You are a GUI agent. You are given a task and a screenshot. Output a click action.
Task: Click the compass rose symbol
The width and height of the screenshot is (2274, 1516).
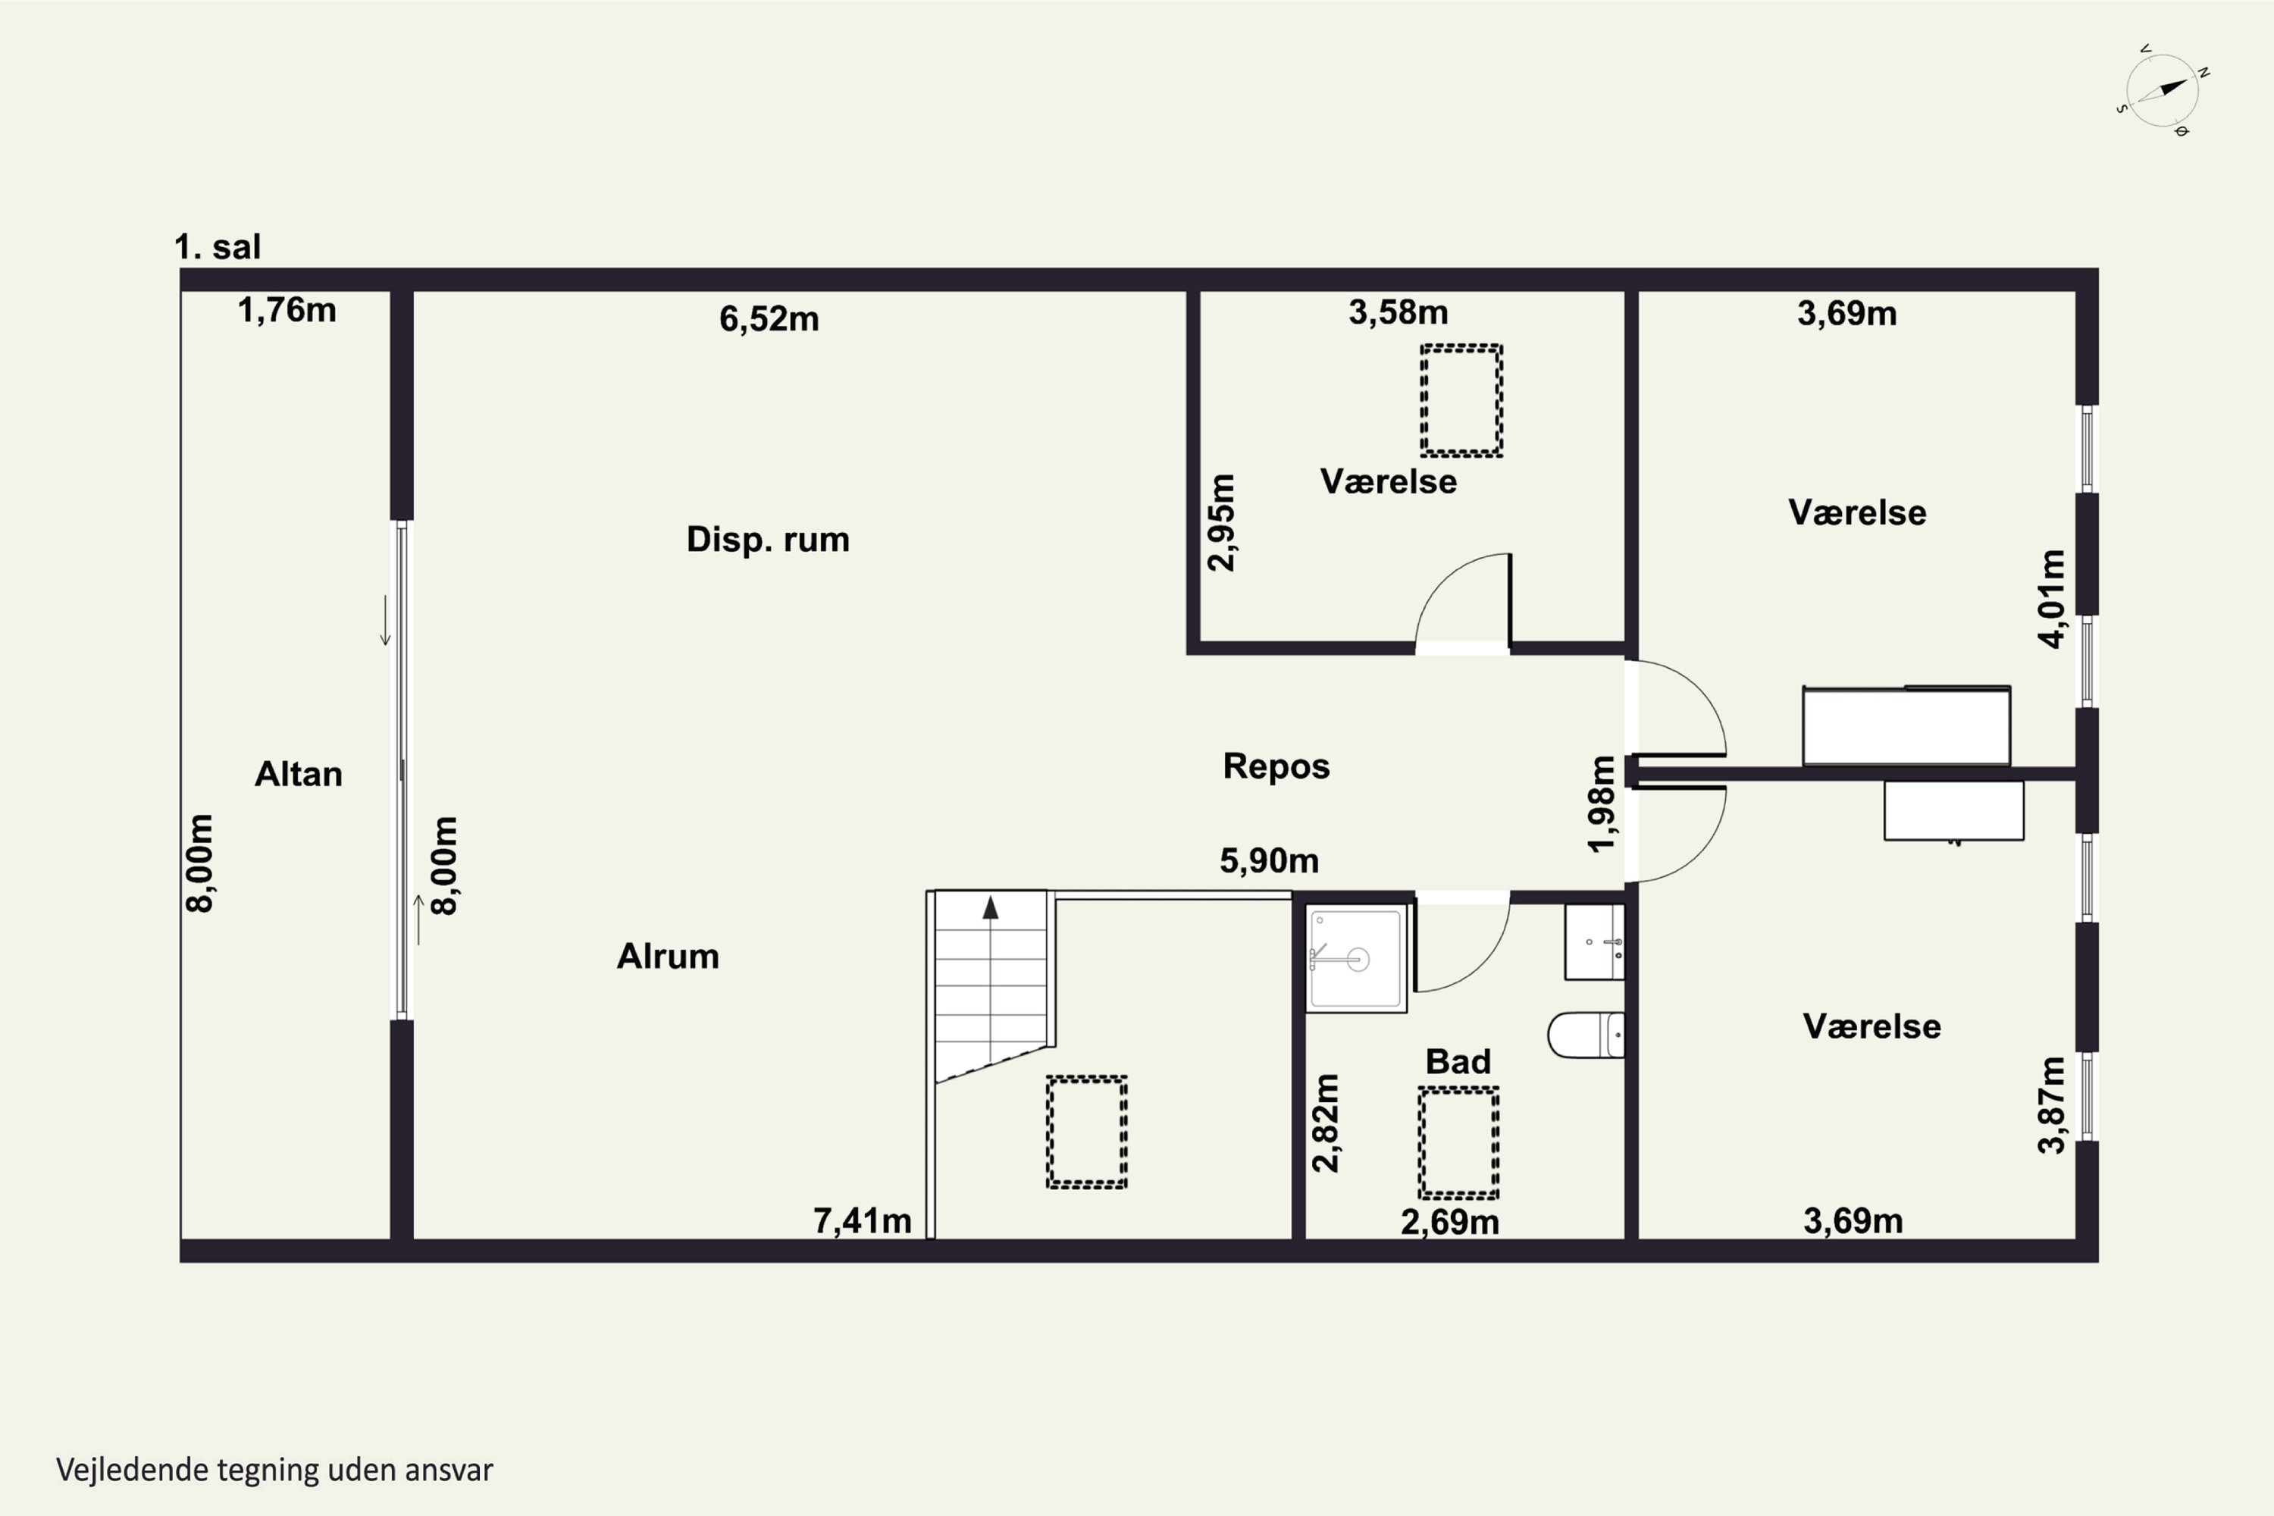coord(2163,91)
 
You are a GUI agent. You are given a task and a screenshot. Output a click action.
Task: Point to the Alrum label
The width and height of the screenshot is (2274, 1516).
coord(668,956)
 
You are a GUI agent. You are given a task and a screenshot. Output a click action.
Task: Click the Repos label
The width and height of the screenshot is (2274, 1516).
coord(1276,766)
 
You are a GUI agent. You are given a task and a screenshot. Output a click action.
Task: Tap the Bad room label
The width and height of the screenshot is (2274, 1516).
coord(1458,1062)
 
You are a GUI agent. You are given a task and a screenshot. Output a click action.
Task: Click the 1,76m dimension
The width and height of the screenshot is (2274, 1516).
coord(287,310)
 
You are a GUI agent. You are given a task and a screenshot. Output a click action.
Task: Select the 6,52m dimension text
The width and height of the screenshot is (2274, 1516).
coord(769,319)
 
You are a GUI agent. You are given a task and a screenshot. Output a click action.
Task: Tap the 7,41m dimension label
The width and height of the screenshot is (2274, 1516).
coord(863,1221)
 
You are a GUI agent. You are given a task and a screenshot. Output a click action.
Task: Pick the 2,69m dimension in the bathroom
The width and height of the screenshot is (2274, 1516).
coord(1449,1222)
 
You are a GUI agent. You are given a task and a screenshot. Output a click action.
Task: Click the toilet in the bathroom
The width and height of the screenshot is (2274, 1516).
coord(1586,1035)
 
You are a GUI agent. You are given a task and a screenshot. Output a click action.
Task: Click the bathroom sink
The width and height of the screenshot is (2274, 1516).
coord(1594,941)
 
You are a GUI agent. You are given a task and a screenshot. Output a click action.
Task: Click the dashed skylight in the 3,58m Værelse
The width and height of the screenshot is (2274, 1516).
coord(1461,400)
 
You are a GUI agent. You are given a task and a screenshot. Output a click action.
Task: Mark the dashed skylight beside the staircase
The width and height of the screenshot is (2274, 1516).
coord(1087,1131)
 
